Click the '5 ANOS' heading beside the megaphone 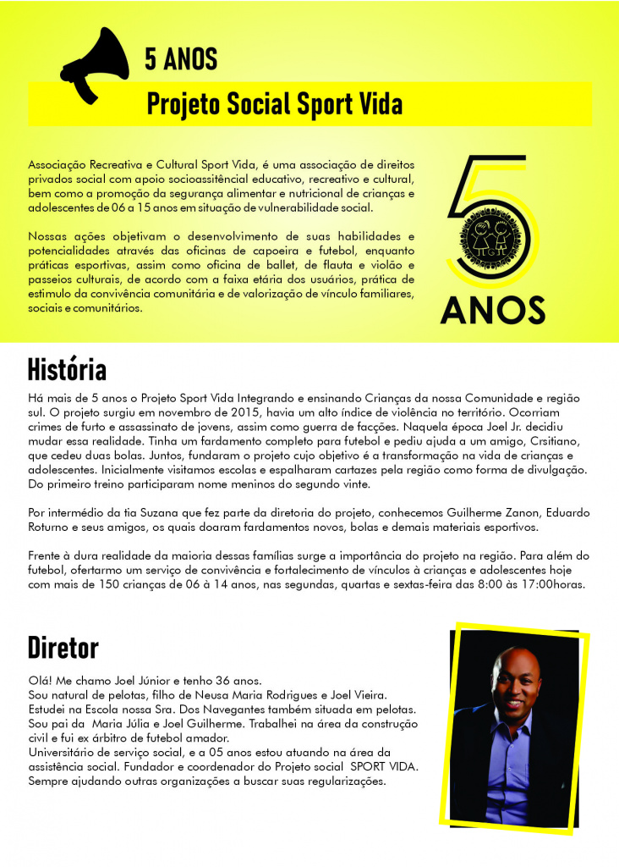(181, 58)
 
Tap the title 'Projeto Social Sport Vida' (275, 103)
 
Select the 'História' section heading (67, 370)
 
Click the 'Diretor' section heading (63, 648)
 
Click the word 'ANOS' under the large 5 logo (492, 310)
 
